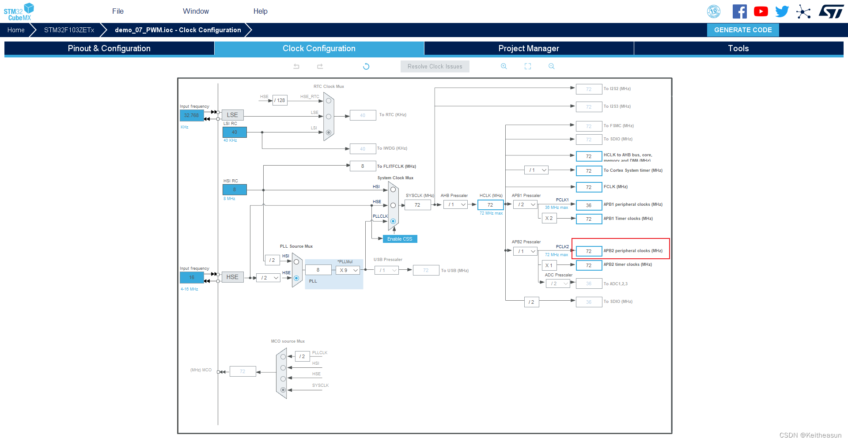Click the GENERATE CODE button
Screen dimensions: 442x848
pos(743,30)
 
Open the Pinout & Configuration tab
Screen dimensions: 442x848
pos(109,49)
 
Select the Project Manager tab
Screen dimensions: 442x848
pos(529,49)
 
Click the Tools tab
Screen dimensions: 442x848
pos(738,49)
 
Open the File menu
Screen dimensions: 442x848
pos(118,11)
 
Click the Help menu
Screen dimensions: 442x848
pos(260,11)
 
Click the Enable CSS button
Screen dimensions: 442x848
pos(400,239)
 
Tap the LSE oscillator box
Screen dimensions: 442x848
pos(232,115)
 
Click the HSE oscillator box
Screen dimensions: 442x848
pos(232,277)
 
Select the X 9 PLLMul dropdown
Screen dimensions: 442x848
pos(348,270)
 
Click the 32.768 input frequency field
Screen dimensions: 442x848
pos(192,115)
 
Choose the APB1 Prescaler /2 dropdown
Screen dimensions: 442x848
pos(526,205)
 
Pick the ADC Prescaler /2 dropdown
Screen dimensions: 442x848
pos(558,283)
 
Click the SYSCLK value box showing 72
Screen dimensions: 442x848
pos(417,205)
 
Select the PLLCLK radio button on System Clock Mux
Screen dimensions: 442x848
pos(393,221)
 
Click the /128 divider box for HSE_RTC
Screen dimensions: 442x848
pos(280,100)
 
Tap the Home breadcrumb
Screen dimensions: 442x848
pos(16,30)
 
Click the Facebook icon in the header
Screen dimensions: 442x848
pos(739,11)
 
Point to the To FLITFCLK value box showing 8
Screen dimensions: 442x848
pos(363,166)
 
